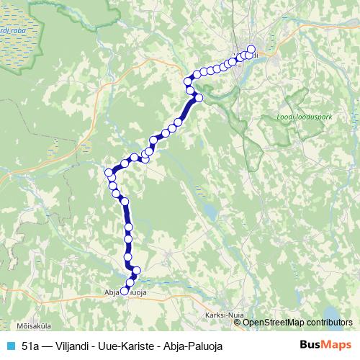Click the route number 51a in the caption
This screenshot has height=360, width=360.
31,346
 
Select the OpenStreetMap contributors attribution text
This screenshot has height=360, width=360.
297,322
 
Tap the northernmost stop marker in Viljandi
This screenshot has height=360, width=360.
251,50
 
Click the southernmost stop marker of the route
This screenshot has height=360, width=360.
124,292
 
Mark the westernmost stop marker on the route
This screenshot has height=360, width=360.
109,173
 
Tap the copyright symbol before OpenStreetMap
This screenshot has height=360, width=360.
238,322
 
